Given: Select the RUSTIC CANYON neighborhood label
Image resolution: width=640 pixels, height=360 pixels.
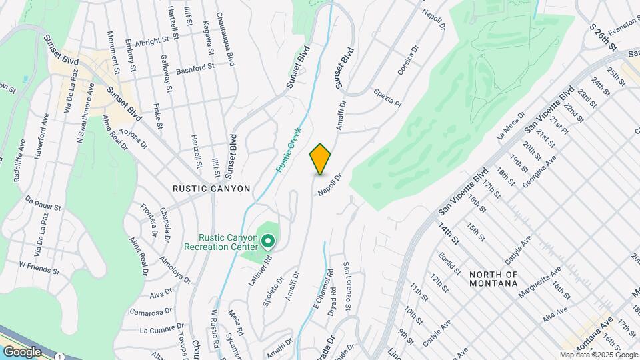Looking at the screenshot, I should point(211,189).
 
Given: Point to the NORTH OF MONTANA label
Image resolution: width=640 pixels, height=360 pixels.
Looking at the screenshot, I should point(493,279).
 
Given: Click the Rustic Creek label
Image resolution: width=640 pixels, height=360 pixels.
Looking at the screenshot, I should point(289,151).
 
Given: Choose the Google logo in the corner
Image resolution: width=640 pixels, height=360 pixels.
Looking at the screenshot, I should point(22,351).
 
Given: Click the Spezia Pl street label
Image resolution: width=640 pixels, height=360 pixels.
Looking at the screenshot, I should point(388,98).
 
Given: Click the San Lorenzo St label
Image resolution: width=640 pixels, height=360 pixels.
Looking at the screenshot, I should point(347,286).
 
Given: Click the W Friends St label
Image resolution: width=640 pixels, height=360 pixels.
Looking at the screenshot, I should point(39,265).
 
